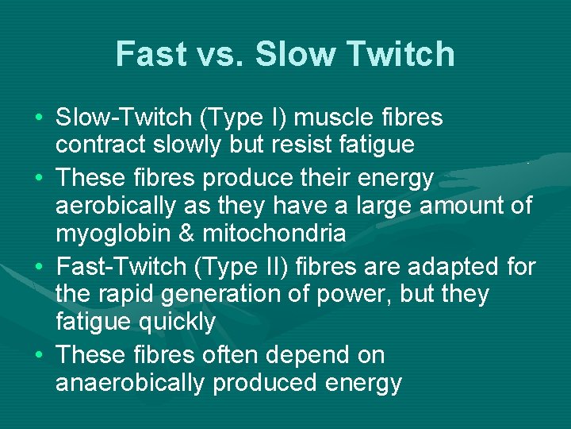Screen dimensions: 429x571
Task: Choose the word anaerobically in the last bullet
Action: [128, 383]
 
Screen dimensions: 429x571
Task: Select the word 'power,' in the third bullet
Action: [364, 295]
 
